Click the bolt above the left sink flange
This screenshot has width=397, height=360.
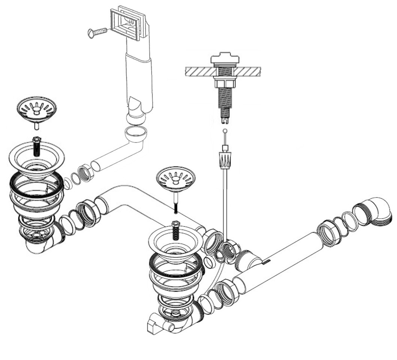point(36,146)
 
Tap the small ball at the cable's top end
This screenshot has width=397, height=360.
point(224,131)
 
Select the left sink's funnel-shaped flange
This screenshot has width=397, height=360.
point(36,159)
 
